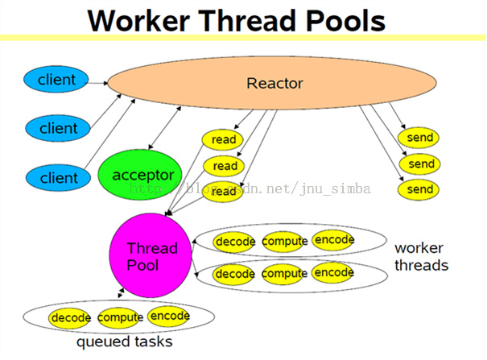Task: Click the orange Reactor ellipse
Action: coord(274,84)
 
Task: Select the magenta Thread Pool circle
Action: coord(151,257)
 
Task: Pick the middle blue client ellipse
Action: coord(58,128)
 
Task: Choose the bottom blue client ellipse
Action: coord(58,176)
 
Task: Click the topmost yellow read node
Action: coord(224,139)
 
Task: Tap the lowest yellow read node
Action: coord(224,192)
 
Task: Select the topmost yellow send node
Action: coord(420,138)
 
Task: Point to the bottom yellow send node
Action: coord(420,190)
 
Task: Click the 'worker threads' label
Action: coord(421,256)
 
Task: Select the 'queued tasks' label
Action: coord(124,342)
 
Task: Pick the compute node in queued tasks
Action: coord(121,318)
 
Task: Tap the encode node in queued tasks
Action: coord(169,317)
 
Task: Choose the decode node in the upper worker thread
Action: coord(235,242)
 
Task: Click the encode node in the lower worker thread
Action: coord(333,273)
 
